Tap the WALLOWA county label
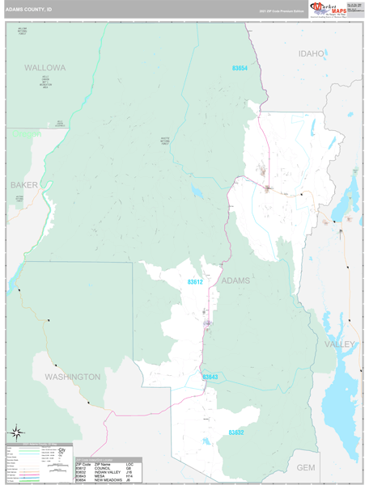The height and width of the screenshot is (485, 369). (45, 67)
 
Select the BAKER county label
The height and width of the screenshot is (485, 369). (24, 185)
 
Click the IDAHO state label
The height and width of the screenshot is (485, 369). (311, 53)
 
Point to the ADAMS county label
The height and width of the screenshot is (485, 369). (235, 280)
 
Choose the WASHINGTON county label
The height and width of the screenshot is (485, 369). (73, 377)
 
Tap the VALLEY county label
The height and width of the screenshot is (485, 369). (339, 344)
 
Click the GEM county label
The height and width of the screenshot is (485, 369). (305, 467)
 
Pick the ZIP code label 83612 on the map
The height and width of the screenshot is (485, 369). (195, 282)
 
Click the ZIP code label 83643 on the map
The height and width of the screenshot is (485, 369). (210, 377)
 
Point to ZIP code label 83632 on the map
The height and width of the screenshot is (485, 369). (235, 432)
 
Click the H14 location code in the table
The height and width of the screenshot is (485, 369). (129, 476)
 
